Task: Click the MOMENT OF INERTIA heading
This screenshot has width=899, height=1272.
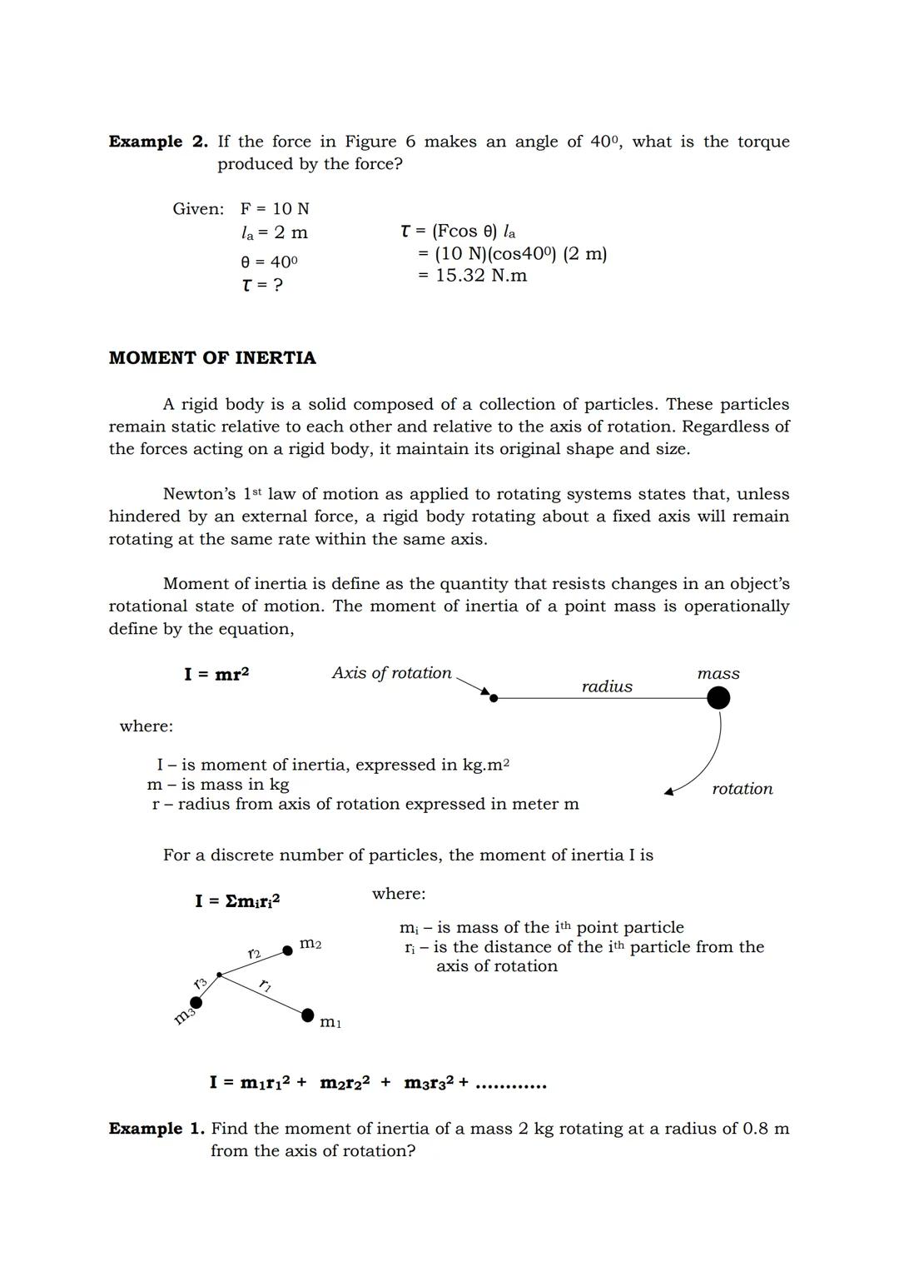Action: point(212,358)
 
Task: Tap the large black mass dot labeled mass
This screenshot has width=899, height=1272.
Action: point(718,698)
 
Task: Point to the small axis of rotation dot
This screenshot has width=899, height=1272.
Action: point(494,698)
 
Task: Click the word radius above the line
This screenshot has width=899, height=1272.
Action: point(607,686)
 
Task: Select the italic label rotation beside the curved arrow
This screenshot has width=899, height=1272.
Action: point(742,789)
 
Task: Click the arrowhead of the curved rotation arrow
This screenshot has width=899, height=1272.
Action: point(668,791)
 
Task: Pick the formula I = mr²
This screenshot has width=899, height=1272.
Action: point(216,674)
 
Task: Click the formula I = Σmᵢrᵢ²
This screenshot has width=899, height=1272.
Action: point(237,900)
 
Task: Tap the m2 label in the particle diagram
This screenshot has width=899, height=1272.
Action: point(310,944)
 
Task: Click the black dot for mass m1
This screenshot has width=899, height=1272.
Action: point(307,1015)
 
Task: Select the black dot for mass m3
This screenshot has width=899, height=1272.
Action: point(196,1002)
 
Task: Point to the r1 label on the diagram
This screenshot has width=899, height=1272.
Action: point(265,986)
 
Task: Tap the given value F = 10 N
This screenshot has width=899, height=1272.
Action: point(274,209)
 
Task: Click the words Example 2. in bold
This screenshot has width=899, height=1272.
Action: point(157,142)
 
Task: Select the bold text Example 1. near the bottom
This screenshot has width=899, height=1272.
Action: point(156,1129)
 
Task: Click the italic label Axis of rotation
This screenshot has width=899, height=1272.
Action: point(391,673)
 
